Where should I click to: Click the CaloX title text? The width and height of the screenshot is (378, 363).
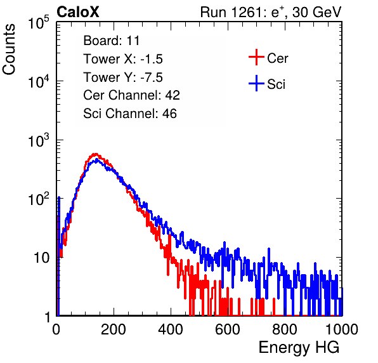pos(78,12)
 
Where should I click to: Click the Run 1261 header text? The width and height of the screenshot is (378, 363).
pos(271,12)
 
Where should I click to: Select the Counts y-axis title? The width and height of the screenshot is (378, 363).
pos(9,49)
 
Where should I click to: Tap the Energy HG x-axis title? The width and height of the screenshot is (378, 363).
pos(299,348)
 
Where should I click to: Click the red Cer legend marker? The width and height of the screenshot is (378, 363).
pos(256,57)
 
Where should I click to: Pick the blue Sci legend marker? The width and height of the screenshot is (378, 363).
pos(256,83)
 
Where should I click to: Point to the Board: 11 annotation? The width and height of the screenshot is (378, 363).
pos(112,41)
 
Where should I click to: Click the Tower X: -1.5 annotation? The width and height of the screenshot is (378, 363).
pos(123,59)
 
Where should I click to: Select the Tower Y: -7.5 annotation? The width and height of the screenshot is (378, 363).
pos(123,77)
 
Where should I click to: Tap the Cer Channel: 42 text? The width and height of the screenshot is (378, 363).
pos(132,95)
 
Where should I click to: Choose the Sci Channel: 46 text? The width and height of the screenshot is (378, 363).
pos(130,114)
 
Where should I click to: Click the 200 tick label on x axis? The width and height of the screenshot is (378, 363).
pos(114,329)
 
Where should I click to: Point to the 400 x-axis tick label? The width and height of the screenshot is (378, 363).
pos(171,329)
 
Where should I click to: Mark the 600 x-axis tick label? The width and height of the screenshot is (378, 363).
pos(228,329)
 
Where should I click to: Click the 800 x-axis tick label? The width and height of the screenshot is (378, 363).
pos(285,329)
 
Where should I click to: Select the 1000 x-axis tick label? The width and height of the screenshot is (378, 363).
pos(342,329)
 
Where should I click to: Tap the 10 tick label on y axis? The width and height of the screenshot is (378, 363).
pos(42,258)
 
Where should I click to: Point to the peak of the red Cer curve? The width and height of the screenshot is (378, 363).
pos(96,154)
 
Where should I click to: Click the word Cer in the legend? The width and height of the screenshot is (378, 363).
pos(277,58)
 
